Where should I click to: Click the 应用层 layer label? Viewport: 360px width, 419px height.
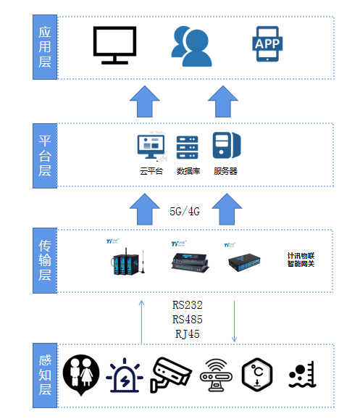click(x=45, y=46)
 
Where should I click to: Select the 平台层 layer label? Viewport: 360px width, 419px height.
click(x=45, y=154)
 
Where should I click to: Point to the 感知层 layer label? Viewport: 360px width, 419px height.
click(x=45, y=374)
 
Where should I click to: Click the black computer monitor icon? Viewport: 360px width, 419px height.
click(x=115, y=44)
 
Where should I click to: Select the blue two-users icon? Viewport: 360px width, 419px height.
click(x=192, y=43)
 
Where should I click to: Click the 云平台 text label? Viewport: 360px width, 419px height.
click(x=152, y=172)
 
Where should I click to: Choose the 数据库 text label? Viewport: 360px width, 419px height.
click(x=188, y=172)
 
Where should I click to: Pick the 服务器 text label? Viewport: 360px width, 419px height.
click(x=225, y=172)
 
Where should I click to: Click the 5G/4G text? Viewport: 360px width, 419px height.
click(x=184, y=211)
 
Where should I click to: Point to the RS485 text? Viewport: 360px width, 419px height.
click(x=187, y=320)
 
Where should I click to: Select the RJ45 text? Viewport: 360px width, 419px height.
click(x=187, y=333)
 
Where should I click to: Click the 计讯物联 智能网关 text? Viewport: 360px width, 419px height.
click(x=300, y=260)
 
